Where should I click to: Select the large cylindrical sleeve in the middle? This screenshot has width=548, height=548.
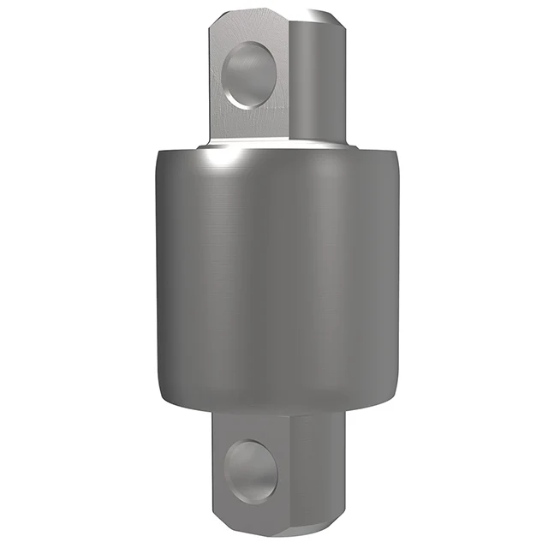(274, 274)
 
